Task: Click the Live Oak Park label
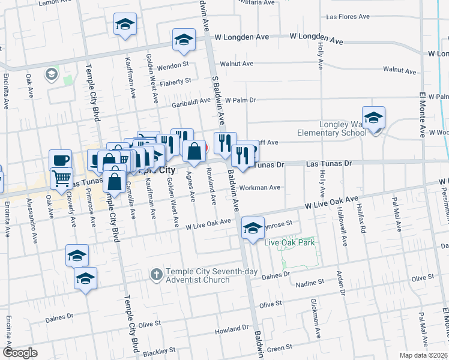click(x=290, y=242)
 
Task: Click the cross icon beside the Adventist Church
click(x=156, y=274)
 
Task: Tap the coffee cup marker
click(x=60, y=160)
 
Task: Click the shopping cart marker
click(x=61, y=177)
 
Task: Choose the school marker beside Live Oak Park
click(x=253, y=227)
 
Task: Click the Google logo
click(x=20, y=353)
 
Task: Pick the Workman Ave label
click(x=260, y=187)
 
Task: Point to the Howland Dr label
click(x=231, y=329)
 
